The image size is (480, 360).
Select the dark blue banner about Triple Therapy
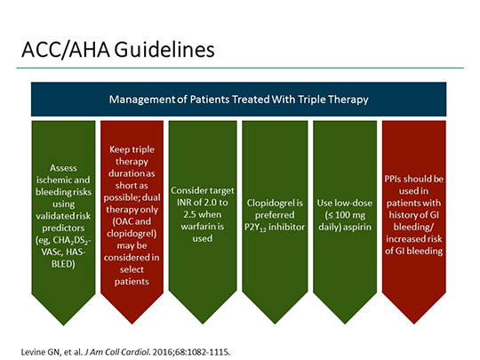[240, 99]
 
